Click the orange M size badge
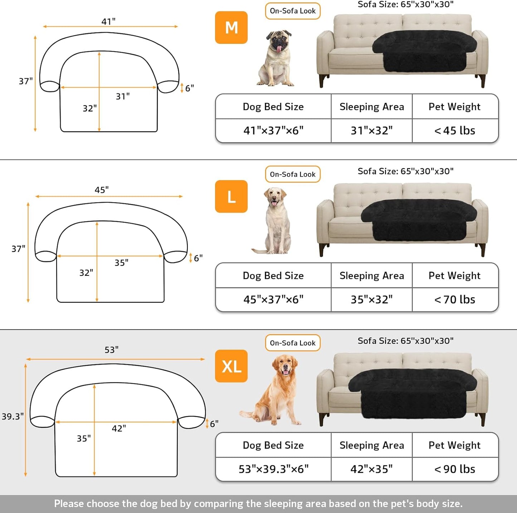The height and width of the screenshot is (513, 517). click(231, 28)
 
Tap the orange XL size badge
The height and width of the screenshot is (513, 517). click(231, 366)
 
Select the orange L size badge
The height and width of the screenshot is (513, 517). click(231, 197)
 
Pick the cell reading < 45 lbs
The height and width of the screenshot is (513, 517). click(455, 131)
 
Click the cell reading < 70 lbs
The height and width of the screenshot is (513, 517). click(455, 299)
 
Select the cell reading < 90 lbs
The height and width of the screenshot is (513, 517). click(455, 469)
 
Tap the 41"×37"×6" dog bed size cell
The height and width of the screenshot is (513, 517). click(273, 131)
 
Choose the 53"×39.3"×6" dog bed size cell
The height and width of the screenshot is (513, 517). click(273, 469)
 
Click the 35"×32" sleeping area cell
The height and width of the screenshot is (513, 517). click(371, 299)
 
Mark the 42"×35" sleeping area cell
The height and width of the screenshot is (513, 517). click(371, 469)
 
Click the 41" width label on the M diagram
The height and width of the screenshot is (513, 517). click(108, 21)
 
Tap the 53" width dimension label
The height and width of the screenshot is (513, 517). click(112, 350)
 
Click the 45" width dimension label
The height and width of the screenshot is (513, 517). click(102, 190)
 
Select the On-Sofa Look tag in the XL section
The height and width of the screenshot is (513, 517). click(293, 343)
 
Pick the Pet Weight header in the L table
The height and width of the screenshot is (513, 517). click(454, 275)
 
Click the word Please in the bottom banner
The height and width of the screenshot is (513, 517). click(69, 504)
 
